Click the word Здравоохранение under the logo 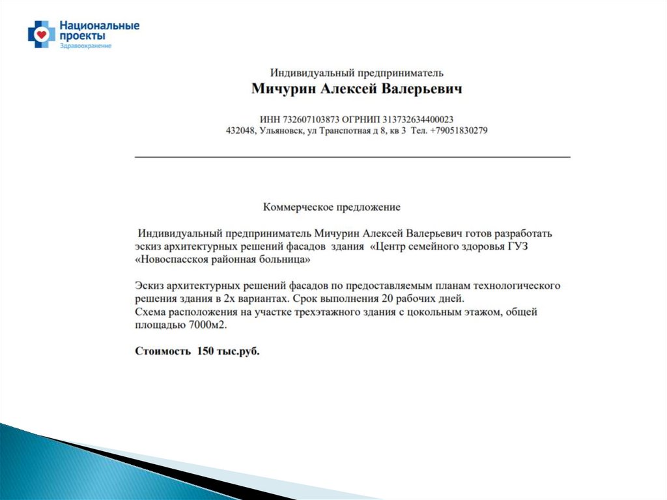coord(85,46)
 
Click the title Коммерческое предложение coord(332,207)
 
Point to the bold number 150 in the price coord(206,351)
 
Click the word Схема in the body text coord(150,312)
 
